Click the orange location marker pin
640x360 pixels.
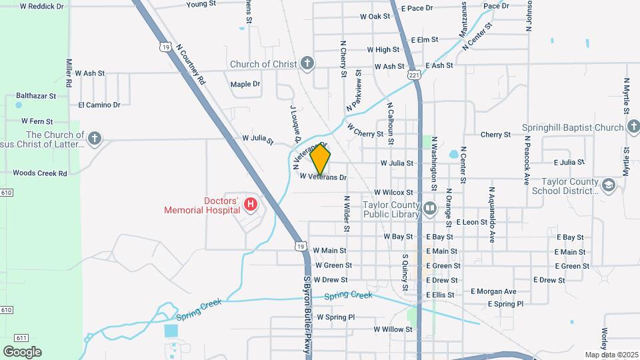[321, 159]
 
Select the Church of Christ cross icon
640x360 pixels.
[307, 64]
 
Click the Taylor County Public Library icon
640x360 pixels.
[430, 209]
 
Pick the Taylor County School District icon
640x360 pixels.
[608, 185]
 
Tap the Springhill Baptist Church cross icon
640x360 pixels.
[633, 127]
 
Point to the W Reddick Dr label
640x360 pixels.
[41, 6]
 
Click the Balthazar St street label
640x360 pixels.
[36, 96]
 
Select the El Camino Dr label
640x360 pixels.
[99, 105]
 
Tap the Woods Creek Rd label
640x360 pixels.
[40, 173]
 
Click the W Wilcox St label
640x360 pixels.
[395, 192]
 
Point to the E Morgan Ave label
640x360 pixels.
[493, 291]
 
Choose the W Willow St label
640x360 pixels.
[393, 329]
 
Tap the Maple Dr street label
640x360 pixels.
[245, 84]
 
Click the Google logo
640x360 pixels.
[22, 352]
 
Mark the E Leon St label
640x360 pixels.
[472, 221]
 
